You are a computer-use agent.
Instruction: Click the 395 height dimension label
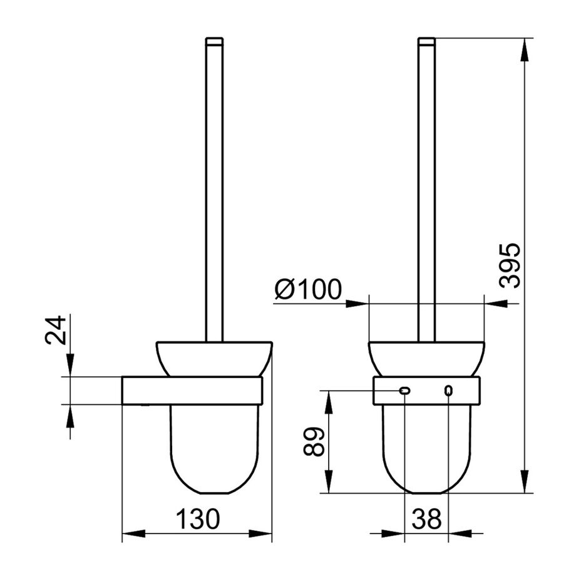[510, 265]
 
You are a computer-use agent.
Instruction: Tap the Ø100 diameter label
[308, 289]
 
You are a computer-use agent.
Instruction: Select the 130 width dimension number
[198, 518]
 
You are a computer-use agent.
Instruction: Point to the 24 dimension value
[56, 330]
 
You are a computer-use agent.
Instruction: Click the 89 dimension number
[314, 441]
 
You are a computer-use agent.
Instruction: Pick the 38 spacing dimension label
[426, 518]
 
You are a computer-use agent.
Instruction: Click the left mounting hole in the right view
[404, 391]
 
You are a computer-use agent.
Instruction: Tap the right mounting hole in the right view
[448, 391]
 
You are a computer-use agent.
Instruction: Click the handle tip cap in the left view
[214, 41]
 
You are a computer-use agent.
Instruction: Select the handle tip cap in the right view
[426, 41]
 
